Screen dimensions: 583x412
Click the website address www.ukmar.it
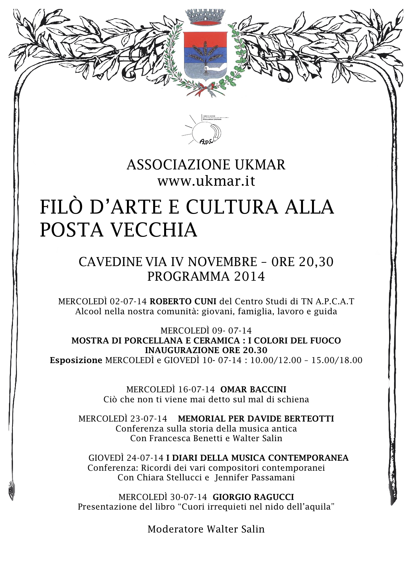[206, 181]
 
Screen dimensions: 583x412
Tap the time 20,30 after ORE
[316, 262]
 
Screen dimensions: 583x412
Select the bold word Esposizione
[76, 360]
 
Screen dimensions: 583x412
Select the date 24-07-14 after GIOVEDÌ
[145, 458]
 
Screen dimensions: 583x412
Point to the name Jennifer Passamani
[255, 478]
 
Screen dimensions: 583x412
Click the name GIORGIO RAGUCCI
[253, 497]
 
